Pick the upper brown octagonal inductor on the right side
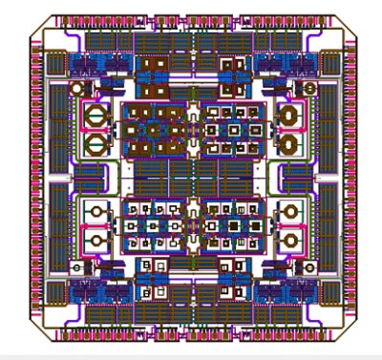(x=286, y=117)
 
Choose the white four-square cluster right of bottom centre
(x=230, y=277)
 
